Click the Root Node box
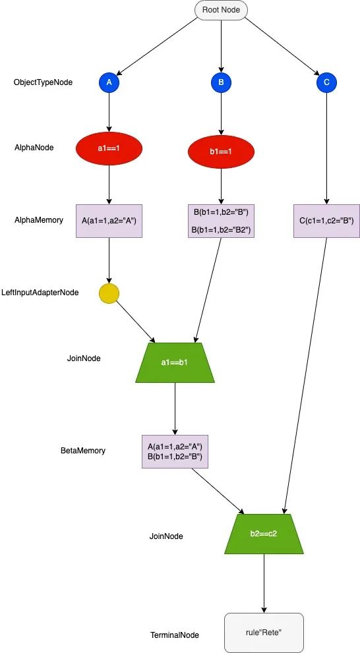(x=221, y=10)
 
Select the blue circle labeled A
(x=109, y=82)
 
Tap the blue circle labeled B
(x=221, y=82)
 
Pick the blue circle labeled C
(x=326, y=82)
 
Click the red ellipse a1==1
(x=109, y=148)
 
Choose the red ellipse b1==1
(x=221, y=152)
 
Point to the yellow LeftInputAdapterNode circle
(x=109, y=294)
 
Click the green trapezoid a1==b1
(x=175, y=362)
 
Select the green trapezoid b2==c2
(x=264, y=534)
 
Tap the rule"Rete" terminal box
(x=264, y=633)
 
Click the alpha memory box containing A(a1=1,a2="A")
(x=109, y=221)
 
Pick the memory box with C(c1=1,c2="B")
(x=326, y=221)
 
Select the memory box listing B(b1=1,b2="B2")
(x=221, y=221)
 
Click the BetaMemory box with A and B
(x=175, y=452)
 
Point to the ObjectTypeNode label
(x=43, y=82)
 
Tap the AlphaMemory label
(x=39, y=220)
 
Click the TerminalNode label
(x=175, y=635)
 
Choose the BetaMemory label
(x=83, y=451)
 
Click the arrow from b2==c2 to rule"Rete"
(x=264, y=583)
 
